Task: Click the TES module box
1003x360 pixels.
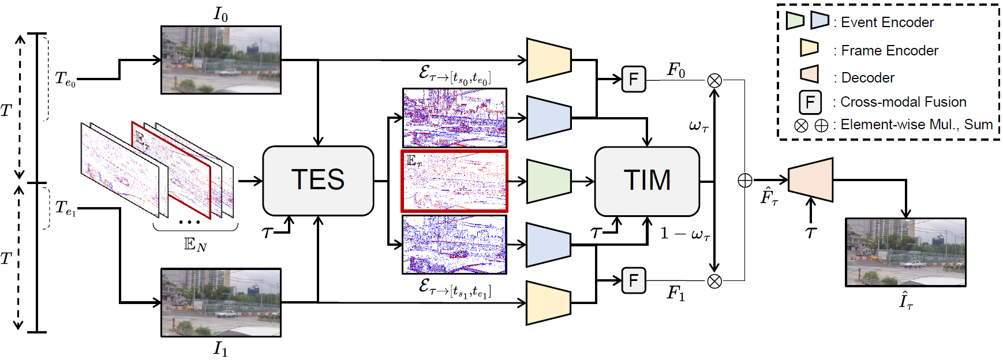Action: click(x=318, y=181)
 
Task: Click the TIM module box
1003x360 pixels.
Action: click(x=647, y=181)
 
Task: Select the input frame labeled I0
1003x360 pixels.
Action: click(x=221, y=60)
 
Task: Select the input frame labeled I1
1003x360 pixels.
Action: click(x=221, y=302)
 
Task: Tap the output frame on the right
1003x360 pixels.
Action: click(x=905, y=252)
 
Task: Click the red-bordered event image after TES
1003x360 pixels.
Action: click(x=455, y=181)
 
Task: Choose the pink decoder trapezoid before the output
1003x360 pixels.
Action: click(x=811, y=180)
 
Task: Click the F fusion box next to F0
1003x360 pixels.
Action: click(x=633, y=79)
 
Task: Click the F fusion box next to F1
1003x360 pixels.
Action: click(x=633, y=281)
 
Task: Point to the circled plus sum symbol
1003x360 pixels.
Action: click(x=745, y=181)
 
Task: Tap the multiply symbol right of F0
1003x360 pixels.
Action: click(x=714, y=80)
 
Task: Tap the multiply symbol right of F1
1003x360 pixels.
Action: click(x=714, y=281)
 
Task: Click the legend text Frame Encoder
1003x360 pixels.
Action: click(x=889, y=51)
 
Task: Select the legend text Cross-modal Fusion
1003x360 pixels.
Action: click(x=903, y=102)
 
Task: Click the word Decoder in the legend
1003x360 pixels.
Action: click(x=867, y=78)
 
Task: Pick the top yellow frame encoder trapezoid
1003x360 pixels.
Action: click(x=549, y=60)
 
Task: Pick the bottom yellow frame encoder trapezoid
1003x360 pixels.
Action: click(x=549, y=303)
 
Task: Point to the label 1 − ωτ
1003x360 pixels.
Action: click(x=685, y=234)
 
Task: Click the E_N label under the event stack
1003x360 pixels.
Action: click(x=195, y=245)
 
